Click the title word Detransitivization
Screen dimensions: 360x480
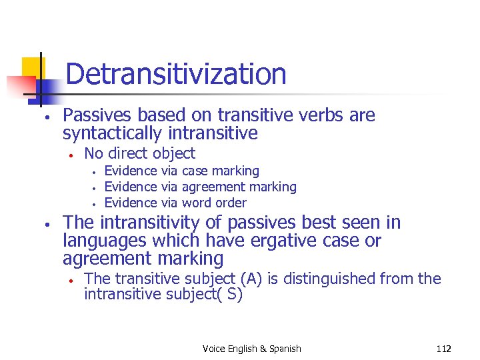[176, 74]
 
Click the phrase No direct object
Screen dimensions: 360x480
[139, 153]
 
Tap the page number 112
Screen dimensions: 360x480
[443, 349]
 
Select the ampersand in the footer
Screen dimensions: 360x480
[262, 349]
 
